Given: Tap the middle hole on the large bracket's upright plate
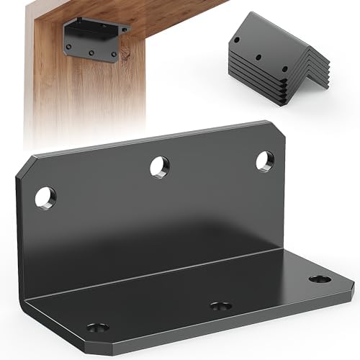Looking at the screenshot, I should [160, 166].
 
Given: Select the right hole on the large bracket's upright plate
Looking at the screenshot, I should [265, 161].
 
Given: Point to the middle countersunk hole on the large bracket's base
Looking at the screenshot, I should [221, 306].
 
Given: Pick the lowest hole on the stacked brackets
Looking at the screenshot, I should [284, 70].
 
